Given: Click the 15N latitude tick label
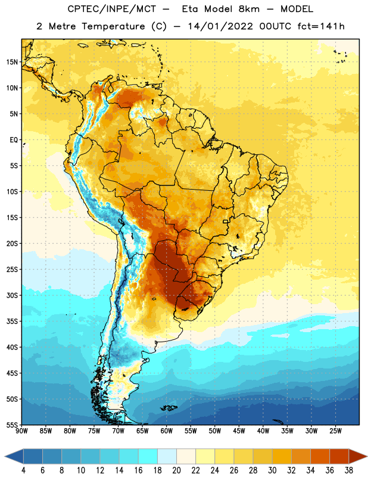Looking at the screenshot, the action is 12,62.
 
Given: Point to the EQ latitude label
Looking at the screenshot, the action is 14,140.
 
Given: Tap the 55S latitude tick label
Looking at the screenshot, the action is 12,425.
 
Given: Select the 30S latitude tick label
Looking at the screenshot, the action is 12,295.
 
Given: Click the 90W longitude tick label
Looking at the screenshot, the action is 21,431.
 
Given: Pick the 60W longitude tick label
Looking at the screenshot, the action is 167,431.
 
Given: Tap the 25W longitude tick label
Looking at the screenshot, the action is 335,431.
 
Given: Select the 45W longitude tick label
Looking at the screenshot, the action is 239,431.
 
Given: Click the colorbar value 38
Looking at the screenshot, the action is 348,470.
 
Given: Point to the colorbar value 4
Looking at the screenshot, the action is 23,470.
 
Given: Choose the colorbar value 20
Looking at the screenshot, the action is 176,470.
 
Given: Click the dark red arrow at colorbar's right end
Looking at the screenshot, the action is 358,456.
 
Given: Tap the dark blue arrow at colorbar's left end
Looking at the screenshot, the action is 14,456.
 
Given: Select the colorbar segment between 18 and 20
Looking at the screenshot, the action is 167,456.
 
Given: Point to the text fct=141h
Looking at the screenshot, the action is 321,26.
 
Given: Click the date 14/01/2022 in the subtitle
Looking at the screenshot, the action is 220,26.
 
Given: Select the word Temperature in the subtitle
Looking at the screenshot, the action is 113,26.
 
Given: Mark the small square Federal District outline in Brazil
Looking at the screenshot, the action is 226,221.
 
